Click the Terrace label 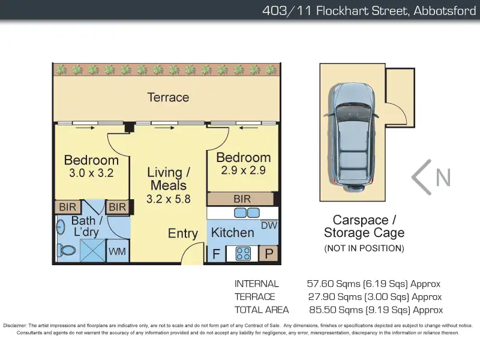(x=168, y=97)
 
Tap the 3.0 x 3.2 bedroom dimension (x=91, y=173)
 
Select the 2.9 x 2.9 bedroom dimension (x=244, y=170)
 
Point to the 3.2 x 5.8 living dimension (x=169, y=199)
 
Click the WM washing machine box (x=117, y=251)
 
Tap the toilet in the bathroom (x=67, y=250)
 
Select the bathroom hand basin (x=61, y=227)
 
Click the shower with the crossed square (x=93, y=251)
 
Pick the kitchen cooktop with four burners (x=243, y=254)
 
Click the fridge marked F (x=216, y=254)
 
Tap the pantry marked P (x=269, y=254)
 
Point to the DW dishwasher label (x=269, y=226)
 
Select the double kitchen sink (x=247, y=213)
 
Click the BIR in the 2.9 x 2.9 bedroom (x=242, y=199)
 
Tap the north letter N (x=443, y=177)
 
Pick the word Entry (x=183, y=233)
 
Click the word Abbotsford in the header (x=445, y=11)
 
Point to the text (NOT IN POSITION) (x=364, y=248)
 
